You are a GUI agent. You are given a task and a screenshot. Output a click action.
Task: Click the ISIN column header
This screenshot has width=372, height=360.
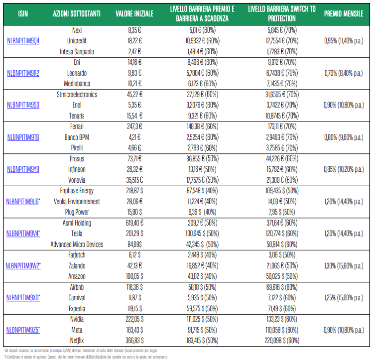pyautogui.click(x=23, y=14)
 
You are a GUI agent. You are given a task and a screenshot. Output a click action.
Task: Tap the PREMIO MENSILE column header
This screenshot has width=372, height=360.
pyautogui.click(x=344, y=14)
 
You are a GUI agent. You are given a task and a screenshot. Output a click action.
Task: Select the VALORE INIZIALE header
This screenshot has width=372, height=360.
pyautogui.click(x=134, y=14)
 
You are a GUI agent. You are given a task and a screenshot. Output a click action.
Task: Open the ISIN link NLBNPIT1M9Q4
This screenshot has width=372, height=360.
pyautogui.click(x=23, y=41)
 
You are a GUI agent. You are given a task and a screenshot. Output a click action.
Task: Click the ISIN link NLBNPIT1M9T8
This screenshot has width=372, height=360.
pyautogui.click(x=23, y=137)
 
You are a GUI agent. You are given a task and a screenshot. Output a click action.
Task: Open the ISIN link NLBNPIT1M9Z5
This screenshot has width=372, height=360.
pyautogui.click(x=23, y=330)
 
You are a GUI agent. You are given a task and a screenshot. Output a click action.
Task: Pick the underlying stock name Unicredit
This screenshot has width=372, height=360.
pyautogui.click(x=77, y=41)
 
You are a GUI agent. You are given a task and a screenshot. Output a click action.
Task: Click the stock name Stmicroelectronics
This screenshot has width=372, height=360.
pyautogui.click(x=77, y=95)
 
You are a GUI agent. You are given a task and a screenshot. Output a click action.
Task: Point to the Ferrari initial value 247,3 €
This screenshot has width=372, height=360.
pyautogui.click(x=134, y=126)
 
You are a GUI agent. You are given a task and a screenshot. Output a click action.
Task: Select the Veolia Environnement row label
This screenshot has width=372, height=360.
pyautogui.click(x=77, y=202)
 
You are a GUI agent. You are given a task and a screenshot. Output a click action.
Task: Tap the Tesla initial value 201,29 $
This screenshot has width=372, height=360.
pyautogui.click(x=134, y=234)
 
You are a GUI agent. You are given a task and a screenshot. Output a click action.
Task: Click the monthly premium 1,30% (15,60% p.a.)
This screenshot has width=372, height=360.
pyautogui.click(x=344, y=266)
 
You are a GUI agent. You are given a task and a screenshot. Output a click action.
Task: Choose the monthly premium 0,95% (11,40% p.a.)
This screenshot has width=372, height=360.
pyautogui.click(x=344, y=41)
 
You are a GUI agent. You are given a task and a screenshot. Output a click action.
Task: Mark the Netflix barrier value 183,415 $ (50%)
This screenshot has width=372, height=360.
pyautogui.click(x=202, y=341)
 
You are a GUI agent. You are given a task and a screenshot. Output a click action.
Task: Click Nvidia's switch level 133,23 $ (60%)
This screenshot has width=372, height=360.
pyautogui.click(x=282, y=319)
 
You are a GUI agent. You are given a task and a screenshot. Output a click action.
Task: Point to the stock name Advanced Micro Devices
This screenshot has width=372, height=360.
pyautogui.click(x=77, y=244)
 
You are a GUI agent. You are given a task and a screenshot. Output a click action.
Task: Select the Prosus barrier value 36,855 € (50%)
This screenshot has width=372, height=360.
pyautogui.click(x=202, y=159)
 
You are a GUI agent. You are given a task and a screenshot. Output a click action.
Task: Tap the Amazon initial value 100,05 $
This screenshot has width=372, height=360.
pyautogui.click(x=134, y=276)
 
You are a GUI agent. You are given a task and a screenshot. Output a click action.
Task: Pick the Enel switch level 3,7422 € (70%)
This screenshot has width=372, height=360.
pyautogui.click(x=282, y=105)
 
